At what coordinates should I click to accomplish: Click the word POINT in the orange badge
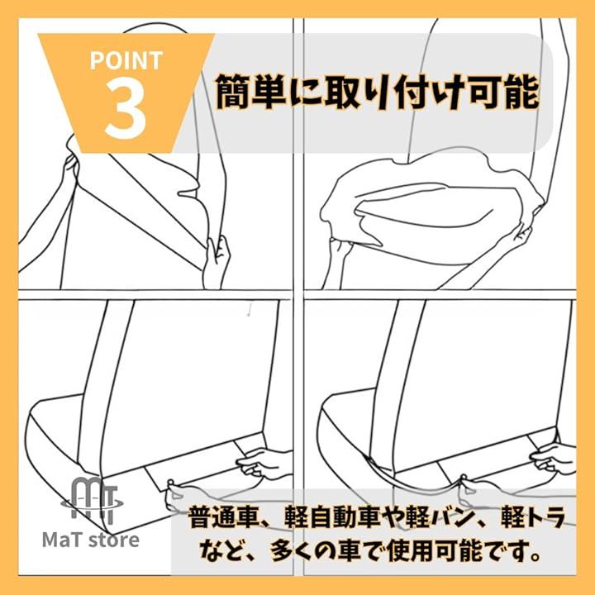126,60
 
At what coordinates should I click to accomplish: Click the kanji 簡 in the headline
233,93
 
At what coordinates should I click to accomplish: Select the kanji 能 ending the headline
521,93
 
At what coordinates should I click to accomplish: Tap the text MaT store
91,540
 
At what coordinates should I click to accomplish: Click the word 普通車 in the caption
223,517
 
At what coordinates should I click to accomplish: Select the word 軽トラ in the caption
533,517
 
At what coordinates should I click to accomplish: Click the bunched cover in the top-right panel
432,201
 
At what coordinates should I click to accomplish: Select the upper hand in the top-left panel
70,169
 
